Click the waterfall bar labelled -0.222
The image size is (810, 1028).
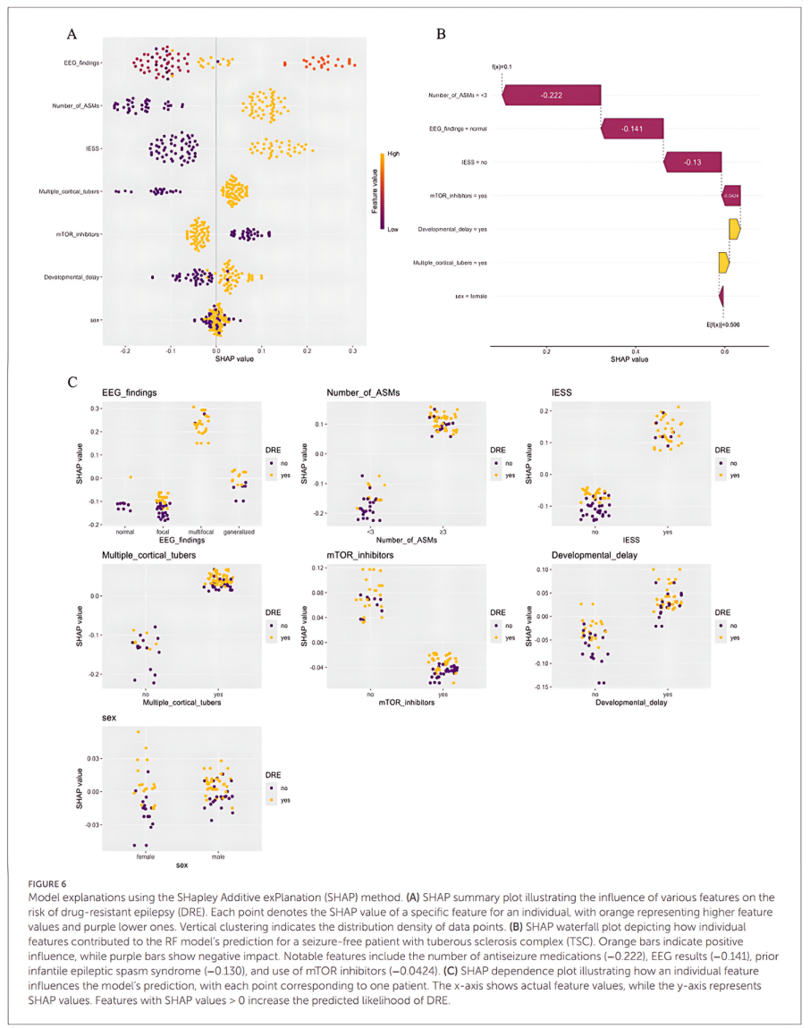pyautogui.click(x=552, y=96)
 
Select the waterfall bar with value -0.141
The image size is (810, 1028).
pyautogui.click(x=633, y=130)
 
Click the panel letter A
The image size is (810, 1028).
pyautogui.click(x=72, y=34)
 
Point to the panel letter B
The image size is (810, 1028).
pyautogui.click(x=440, y=34)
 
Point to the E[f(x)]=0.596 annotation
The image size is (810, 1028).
pyautogui.click(x=724, y=324)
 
